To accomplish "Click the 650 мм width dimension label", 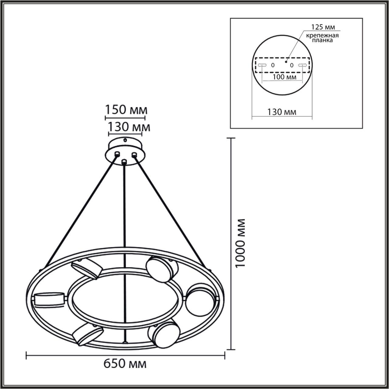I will [125, 364].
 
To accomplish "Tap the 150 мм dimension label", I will [125, 110].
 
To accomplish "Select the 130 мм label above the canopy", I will [124, 127].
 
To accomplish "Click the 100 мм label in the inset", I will [282, 78].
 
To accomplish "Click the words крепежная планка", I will [321, 38].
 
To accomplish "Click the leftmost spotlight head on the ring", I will [50, 300].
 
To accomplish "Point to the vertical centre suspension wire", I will [124, 233].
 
